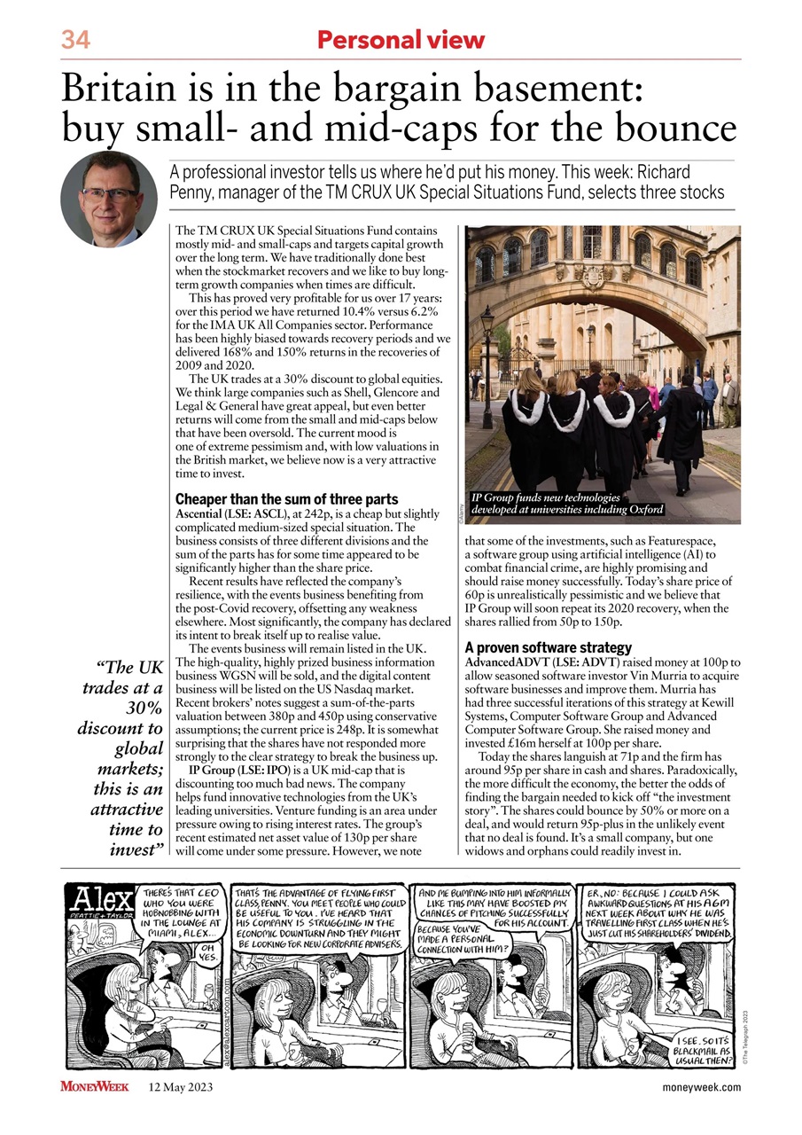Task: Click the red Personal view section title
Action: [401, 40]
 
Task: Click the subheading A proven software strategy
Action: [548, 647]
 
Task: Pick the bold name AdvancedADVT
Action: [508, 663]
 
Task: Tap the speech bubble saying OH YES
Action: [209, 952]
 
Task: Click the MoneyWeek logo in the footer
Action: [95, 1087]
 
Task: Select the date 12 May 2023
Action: [180, 1087]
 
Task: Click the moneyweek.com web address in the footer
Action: [701, 1087]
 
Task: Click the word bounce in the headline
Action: [681, 129]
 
